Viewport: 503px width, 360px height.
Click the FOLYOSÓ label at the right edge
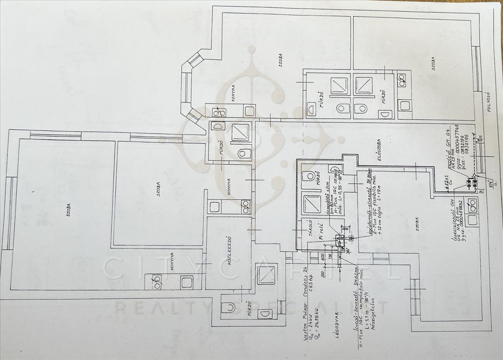487,101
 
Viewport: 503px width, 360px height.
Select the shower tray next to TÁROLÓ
311,204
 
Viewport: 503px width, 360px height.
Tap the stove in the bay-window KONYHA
219,112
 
